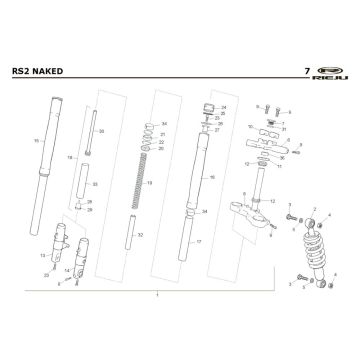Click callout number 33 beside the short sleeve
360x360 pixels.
(94, 186)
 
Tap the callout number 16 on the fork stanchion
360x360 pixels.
(213, 176)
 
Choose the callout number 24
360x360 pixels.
(225, 107)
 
